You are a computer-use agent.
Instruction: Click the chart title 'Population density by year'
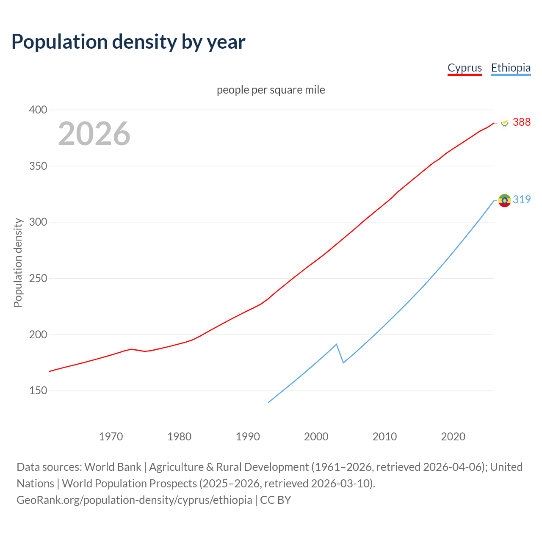[x=128, y=42]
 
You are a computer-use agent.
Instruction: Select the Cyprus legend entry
[x=465, y=68]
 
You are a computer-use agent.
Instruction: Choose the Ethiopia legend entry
[x=511, y=68]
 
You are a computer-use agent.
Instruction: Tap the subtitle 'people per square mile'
[x=271, y=90]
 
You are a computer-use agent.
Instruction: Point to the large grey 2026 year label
[x=94, y=134]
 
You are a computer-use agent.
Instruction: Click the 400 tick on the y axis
[x=38, y=110]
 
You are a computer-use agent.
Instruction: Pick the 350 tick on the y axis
[x=38, y=166]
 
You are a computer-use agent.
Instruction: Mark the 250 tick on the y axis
[x=38, y=278]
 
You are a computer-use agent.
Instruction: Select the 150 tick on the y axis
[x=38, y=390]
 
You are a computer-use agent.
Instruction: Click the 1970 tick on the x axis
[x=111, y=437]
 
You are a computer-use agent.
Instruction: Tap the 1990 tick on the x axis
[x=248, y=437]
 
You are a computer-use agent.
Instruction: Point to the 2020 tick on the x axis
[x=453, y=437]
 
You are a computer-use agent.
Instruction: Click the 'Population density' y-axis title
[x=18, y=263]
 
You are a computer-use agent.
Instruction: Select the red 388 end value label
[x=521, y=122]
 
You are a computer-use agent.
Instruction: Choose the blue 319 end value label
[x=521, y=199]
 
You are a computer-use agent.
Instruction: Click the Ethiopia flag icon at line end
[x=504, y=200]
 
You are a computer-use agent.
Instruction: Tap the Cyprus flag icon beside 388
[x=504, y=123]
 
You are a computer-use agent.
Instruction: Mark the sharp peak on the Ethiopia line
[x=336, y=344]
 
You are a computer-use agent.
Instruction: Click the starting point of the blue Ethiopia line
[x=268, y=402]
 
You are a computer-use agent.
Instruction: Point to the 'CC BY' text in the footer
[x=275, y=500]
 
